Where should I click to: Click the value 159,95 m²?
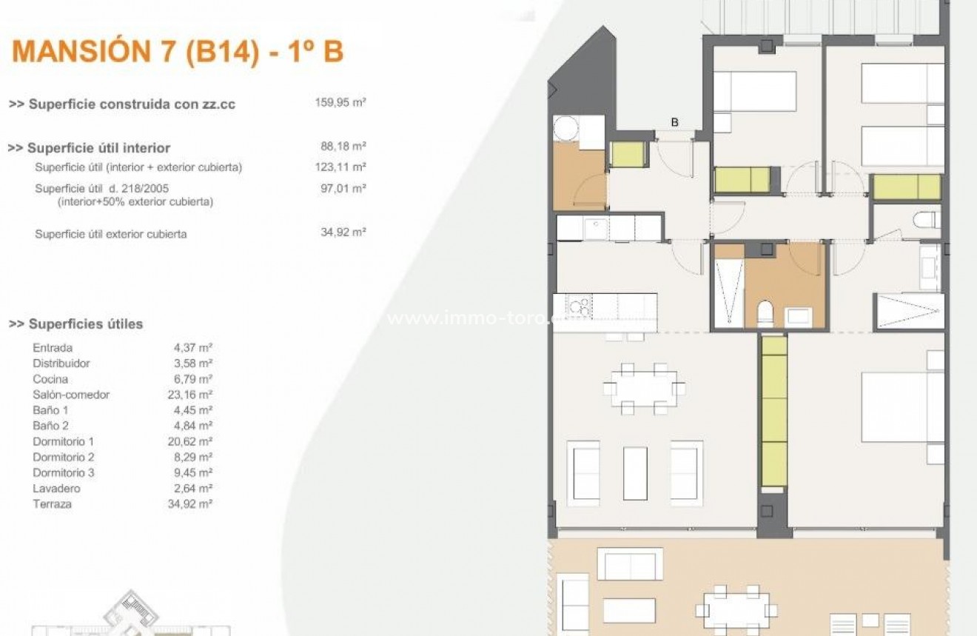tap(340, 103)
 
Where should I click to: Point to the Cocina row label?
tap(50, 379)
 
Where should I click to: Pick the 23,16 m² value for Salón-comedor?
tap(190, 395)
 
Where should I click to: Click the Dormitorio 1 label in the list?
tap(63, 441)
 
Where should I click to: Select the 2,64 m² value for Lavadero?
tap(193, 489)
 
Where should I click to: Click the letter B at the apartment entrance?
tap(674, 122)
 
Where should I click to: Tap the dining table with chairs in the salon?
tap(644, 388)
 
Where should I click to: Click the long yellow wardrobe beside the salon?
tap(774, 412)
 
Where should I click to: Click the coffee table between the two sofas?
tap(635, 472)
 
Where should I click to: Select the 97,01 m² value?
tap(340, 188)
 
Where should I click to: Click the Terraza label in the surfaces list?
tap(52, 504)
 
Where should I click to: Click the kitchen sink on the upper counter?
tap(596, 228)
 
